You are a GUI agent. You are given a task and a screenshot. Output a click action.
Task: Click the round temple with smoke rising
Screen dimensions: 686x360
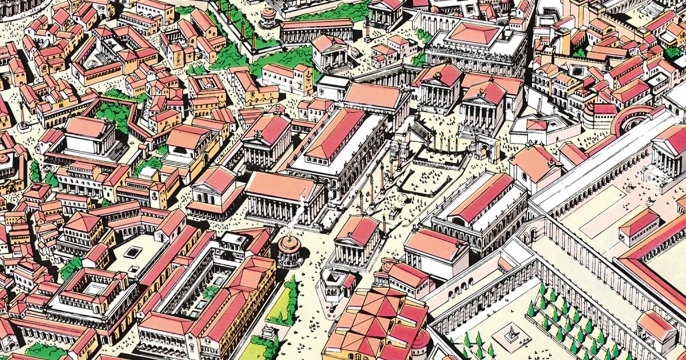(x=289, y=250)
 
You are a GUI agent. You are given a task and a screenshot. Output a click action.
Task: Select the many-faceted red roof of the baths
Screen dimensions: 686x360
(x=377, y=320)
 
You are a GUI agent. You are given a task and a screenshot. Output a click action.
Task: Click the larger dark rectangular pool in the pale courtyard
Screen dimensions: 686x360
(x=133, y=251)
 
